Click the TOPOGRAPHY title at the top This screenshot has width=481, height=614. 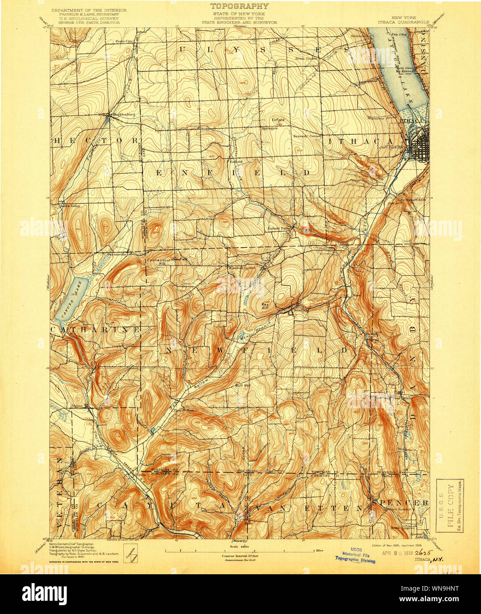coord(239,6)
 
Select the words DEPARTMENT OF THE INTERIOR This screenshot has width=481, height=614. coord(89,10)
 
